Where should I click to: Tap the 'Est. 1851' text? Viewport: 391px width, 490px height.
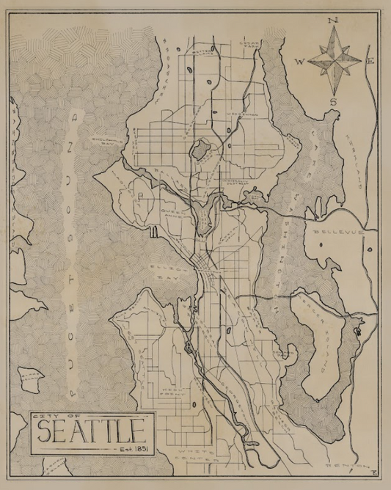(134, 447)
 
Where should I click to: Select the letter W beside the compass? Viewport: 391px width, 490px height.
(299, 62)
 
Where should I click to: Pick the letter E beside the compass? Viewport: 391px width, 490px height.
(370, 62)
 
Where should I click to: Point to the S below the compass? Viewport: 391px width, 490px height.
(334, 101)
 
